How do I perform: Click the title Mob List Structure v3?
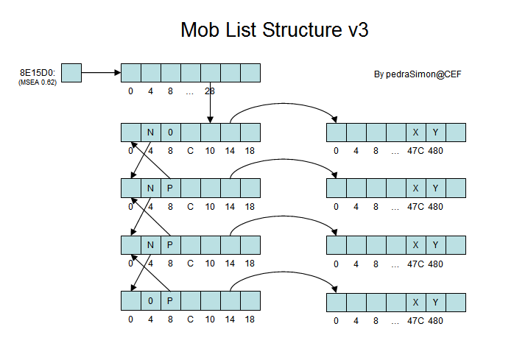[274, 30]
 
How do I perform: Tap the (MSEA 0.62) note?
[38, 82]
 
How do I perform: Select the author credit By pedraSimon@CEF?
[418, 74]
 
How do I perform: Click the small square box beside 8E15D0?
[71, 72]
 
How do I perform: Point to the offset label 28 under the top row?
[210, 91]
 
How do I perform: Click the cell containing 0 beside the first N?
[170, 133]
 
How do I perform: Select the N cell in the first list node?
[150, 133]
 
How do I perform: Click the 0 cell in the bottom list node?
[150, 300]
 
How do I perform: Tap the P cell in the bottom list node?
[170, 300]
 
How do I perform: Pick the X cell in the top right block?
[416, 133]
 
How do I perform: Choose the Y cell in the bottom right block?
[436, 300]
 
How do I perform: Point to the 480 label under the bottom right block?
[435, 320]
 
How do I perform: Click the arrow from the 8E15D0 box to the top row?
[101, 72]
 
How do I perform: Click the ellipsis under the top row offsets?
[190, 91]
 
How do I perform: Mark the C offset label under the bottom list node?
[190, 320]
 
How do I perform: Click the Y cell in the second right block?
[436, 188]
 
